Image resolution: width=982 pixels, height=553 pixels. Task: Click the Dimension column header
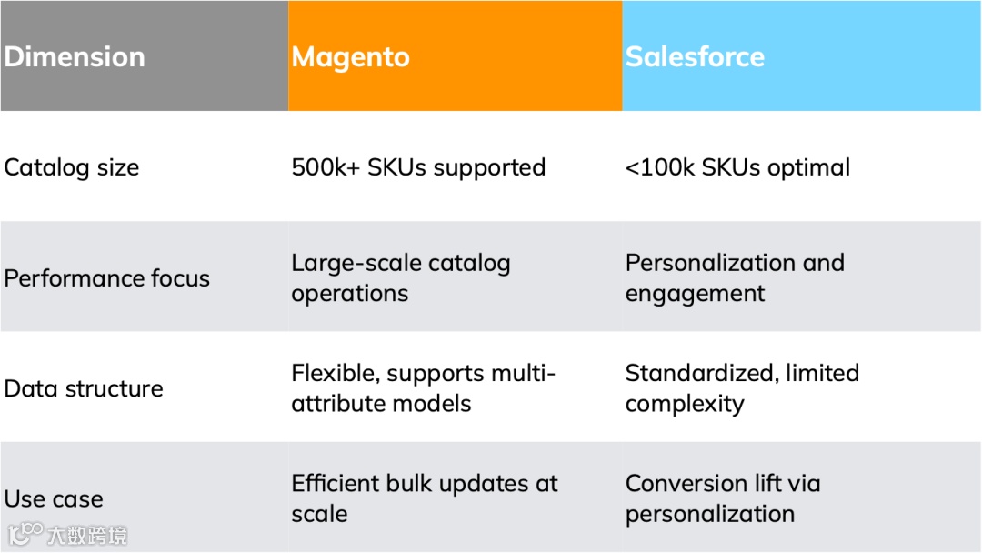pos(75,56)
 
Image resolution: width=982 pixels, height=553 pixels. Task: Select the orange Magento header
pos(351,56)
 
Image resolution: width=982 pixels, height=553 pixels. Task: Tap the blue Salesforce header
pos(695,56)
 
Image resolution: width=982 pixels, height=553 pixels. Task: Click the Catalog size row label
pos(72,167)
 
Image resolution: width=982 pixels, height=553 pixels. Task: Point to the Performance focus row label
pos(106,278)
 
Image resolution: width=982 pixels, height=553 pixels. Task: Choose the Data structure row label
pos(84,388)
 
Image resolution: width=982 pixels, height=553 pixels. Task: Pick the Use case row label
pos(54,498)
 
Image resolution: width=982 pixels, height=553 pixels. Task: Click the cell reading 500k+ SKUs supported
pos(418,167)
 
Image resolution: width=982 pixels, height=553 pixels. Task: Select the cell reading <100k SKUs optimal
pos(737,167)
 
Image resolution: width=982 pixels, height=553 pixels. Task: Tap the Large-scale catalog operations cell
pos(400,278)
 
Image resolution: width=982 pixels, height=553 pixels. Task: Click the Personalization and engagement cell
pos(735,278)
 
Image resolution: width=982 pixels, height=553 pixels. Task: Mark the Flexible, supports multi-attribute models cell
pos(423,388)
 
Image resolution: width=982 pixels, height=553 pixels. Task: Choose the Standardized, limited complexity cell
pos(742,388)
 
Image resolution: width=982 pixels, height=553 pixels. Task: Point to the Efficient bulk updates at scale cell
pos(425,498)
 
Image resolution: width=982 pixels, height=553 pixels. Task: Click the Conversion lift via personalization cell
pos(723,498)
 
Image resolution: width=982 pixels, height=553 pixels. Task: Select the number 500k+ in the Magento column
pos(326,167)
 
